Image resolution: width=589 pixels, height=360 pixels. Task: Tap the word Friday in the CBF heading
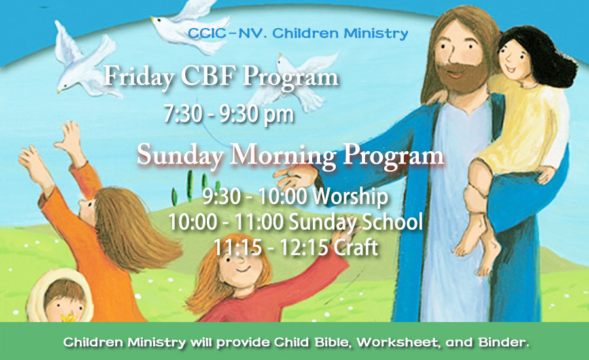pos(139,77)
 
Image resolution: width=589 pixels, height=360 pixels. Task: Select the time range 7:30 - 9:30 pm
pos(228,113)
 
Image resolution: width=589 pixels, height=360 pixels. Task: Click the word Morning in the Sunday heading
pos(283,156)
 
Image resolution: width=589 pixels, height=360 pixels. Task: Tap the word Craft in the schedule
pos(355,247)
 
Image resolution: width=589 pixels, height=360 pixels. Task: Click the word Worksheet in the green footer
pos(398,342)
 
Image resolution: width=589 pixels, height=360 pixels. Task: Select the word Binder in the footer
pos(503,342)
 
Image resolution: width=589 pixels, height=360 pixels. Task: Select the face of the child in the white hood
pos(64,302)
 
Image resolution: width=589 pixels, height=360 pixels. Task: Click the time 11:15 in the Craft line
pos(237,247)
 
